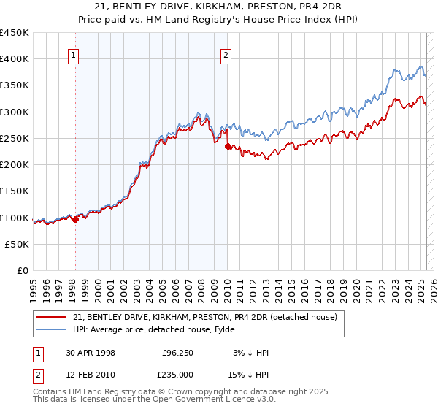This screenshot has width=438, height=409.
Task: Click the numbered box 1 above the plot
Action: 74,54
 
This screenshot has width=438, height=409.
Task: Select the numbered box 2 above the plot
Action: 226,54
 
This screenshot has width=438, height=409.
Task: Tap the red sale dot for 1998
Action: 75,218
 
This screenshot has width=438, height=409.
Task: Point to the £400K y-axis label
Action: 15,59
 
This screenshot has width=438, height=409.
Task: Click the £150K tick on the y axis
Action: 15,191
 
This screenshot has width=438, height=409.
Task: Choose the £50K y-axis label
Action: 18,244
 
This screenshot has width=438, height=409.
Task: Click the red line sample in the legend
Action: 51,317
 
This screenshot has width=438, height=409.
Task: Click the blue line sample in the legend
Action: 51,329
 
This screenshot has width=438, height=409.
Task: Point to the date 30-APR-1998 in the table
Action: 91,353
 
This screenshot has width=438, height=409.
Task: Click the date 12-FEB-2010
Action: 91,376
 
